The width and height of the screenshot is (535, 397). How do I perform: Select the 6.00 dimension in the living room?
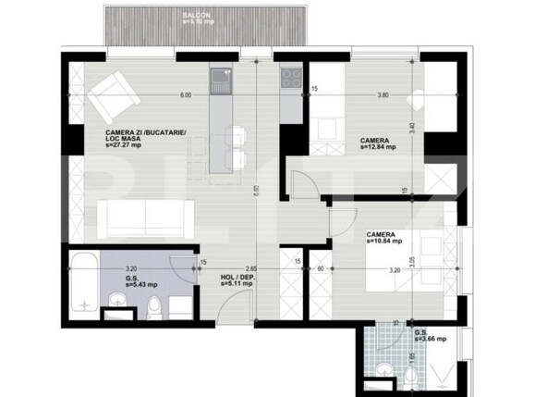tap(186, 95)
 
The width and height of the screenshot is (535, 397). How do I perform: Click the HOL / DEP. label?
tap(238, 279)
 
